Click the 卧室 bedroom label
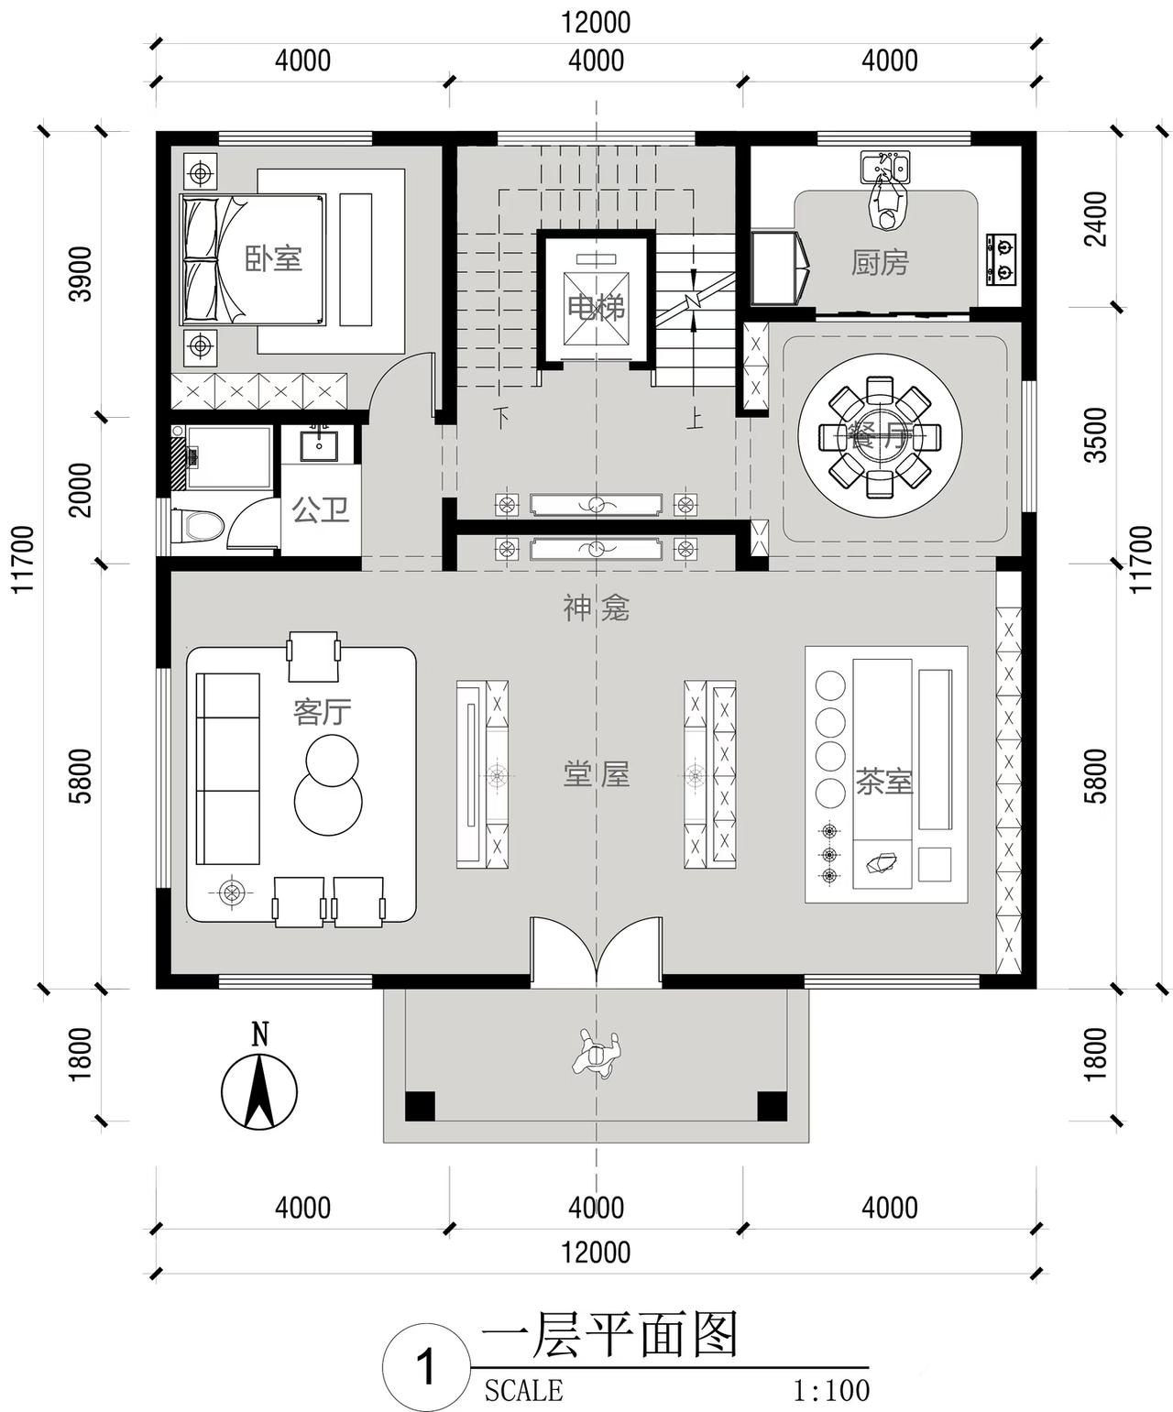(x=273, y=258)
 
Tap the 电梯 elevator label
(x=596, y=307)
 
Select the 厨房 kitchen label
(x=880, y=263)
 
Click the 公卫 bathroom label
(x=321, y=509)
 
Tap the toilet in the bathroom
(x=200, y=526)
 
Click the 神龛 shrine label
(x=596, y=607)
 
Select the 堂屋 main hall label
(x=596, y=775)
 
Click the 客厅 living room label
(x=322, y=711)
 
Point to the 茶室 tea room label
(x=884, y=782)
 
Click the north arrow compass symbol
(x=259, y=1089)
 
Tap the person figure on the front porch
(x=597, y=1054)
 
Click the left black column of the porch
(x=420, y=1105)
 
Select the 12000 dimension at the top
(x=596, y=22)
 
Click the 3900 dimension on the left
(x=82, y=273)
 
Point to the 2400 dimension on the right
(x=1096, y=218)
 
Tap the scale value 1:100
(x=830, y=1391)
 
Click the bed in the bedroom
(x=254, y=259)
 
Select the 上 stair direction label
(x=696, y=421)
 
